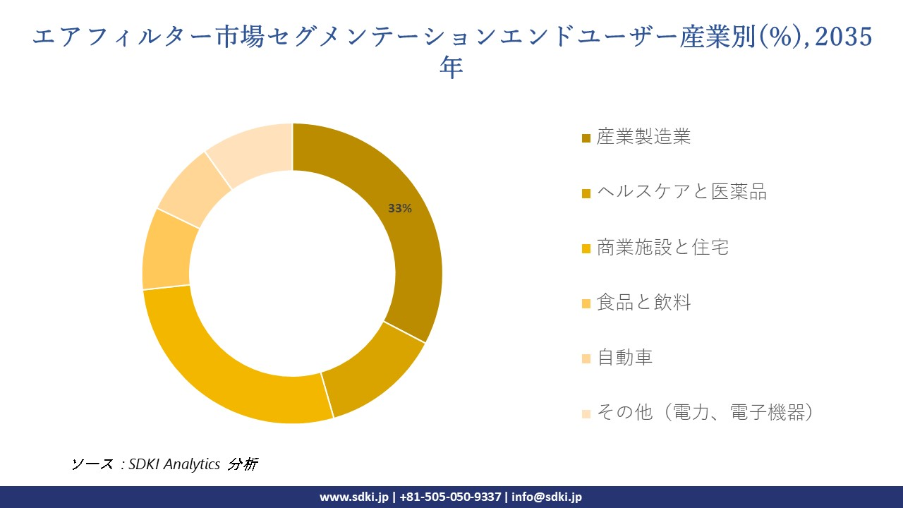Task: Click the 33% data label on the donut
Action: point(400,209)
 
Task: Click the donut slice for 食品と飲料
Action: point(166,250)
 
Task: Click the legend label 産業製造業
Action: point(643,137)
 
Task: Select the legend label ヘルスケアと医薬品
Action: point(681,192)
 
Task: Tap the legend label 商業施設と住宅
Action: point(662,247)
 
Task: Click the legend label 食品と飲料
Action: point(643,303)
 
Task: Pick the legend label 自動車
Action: point(624,358)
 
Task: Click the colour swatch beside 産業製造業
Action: point(586,138)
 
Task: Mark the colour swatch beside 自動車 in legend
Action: point(586,358)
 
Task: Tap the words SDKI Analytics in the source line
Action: point(174,464)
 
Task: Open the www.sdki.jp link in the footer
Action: point(354,497)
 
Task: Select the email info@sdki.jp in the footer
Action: point(547,497)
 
